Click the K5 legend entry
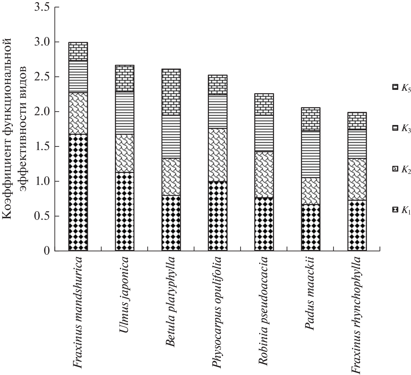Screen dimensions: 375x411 tap(402, 88)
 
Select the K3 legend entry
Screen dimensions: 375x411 tap(402, 129)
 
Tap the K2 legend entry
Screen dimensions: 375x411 tap(402, 169)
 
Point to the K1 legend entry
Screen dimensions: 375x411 tap(402, 210)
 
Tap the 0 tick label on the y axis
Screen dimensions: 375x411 tap(46, 251)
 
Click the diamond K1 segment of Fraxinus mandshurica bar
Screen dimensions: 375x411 tap(78, 193)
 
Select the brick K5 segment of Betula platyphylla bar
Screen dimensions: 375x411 tap(171, 92)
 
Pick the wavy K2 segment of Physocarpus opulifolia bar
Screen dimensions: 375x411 tap(217, 155)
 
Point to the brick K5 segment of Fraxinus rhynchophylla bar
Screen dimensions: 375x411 tap(357, 121)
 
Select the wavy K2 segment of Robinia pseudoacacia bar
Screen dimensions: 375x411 tap(264, 175)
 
